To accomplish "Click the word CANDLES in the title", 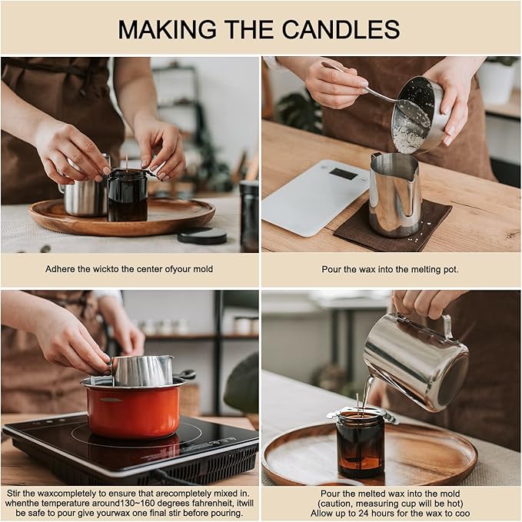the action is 341,29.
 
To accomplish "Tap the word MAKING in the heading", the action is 167,29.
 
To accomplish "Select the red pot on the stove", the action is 133,410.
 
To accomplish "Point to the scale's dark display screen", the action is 343,174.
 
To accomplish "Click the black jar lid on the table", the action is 202,235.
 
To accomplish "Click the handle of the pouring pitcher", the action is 447,327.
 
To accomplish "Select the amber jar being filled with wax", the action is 361,445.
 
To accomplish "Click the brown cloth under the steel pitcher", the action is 393,226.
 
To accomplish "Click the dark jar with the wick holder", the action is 128,195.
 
